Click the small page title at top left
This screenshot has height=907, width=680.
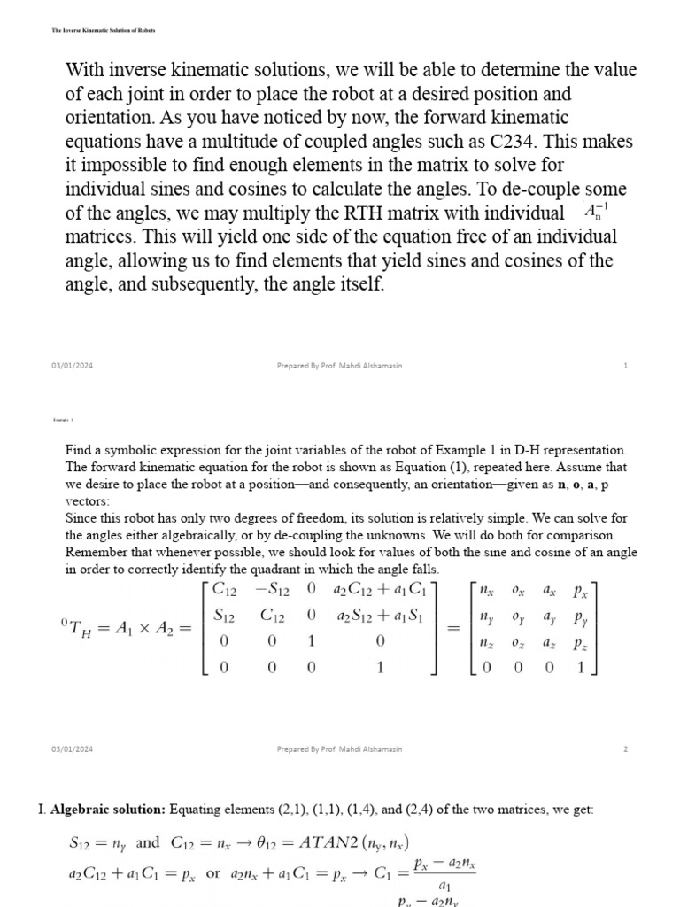point(103,30)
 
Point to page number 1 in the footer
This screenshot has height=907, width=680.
point(625,366)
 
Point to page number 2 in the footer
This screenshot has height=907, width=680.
point(625,748)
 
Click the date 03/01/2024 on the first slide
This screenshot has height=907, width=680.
point(72,366)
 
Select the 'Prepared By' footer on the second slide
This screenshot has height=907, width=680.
point(339,748)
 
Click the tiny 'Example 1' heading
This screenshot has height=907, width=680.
point(62,420)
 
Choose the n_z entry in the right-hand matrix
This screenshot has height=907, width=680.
point(486,643)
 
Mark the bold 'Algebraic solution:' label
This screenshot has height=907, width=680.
point(107,809)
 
